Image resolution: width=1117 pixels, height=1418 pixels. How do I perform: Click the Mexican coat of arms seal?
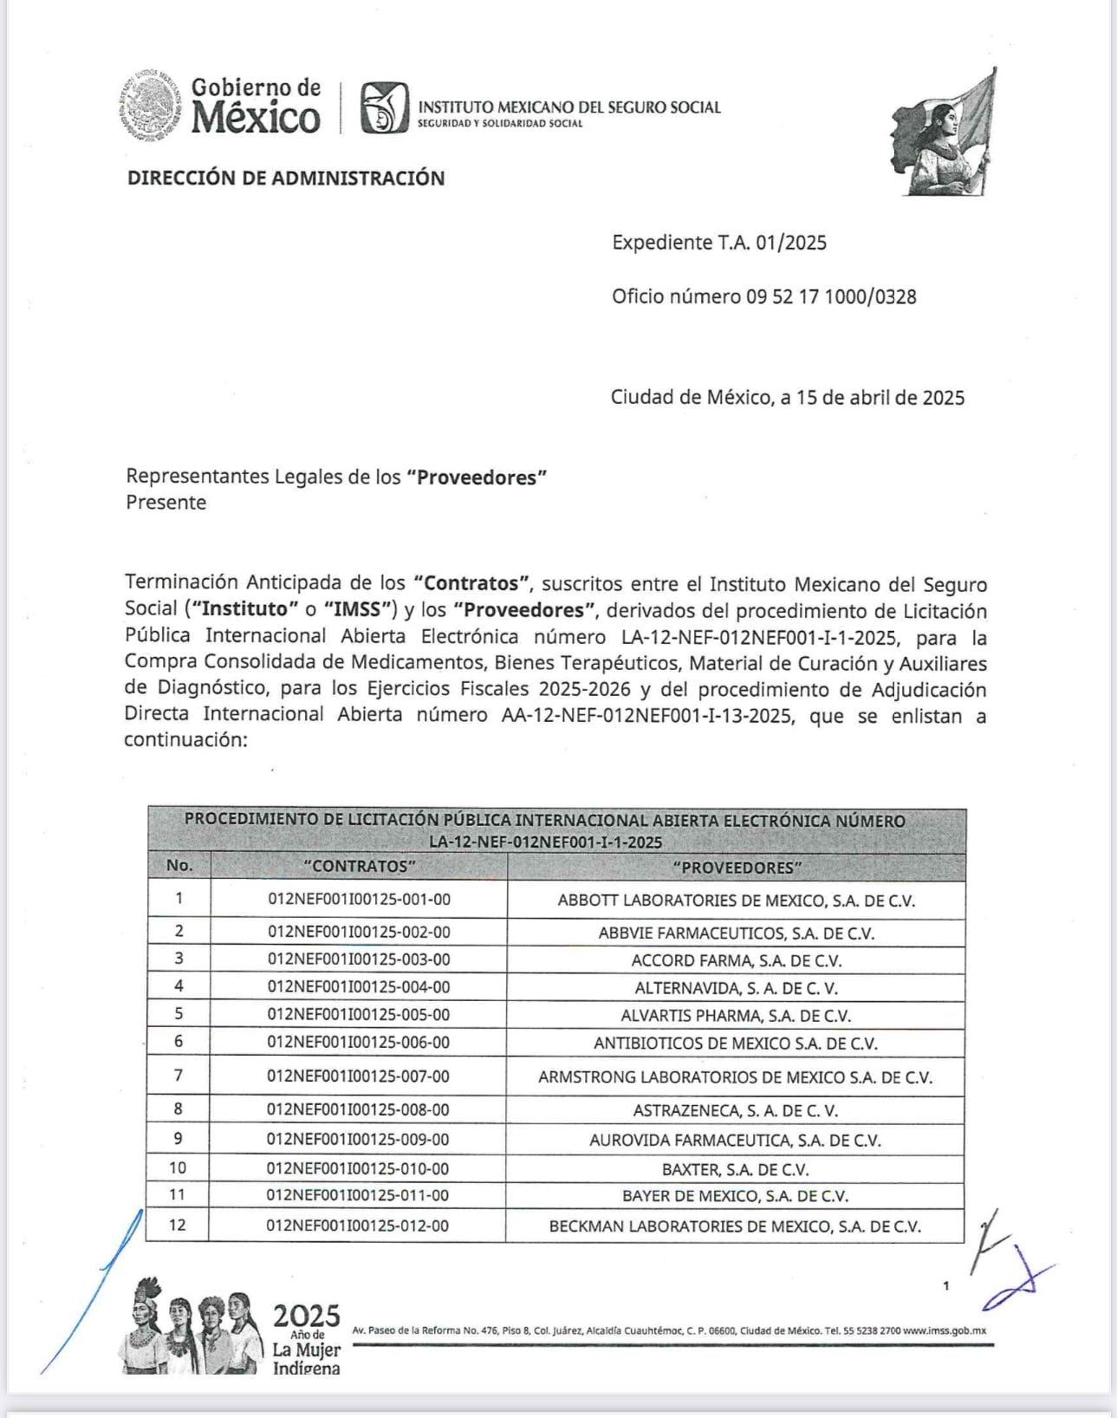(x=149, y=106)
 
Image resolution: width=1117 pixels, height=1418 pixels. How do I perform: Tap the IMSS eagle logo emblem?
(x=384, y=108)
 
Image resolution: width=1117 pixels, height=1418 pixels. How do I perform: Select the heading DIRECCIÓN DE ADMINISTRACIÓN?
(x=285, y=179)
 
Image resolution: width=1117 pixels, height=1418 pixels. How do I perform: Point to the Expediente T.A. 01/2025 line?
(x=718, y=243)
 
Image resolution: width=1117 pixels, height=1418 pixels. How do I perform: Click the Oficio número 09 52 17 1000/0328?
(x=763, y=296)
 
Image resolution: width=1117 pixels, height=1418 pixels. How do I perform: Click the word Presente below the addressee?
(x=166, y=503)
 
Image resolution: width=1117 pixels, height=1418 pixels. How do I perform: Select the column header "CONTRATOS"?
(x=359, y=867)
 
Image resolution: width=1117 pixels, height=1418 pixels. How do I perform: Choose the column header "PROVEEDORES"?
(x=736, y=868)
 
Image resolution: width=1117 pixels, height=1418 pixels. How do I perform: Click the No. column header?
(x=179, y=866)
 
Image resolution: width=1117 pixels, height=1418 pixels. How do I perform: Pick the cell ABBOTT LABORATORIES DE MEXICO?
(x=736, y=901)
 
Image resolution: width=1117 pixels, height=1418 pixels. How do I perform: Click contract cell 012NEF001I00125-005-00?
(x=359, y=1015)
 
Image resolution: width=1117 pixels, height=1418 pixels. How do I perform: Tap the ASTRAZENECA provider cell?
(x=736, y=1110)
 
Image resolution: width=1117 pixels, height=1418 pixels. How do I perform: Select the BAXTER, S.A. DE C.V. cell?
(x=736, y=1169)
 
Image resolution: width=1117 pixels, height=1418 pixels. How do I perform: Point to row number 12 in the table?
(x=178, y=1226)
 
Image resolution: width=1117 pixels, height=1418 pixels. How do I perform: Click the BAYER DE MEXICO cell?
(x=736, y=1196)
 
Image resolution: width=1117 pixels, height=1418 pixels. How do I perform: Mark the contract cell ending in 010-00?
(x=359, y=1168)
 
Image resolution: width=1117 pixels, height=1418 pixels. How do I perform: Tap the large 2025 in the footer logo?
(x=307, y=1316)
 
